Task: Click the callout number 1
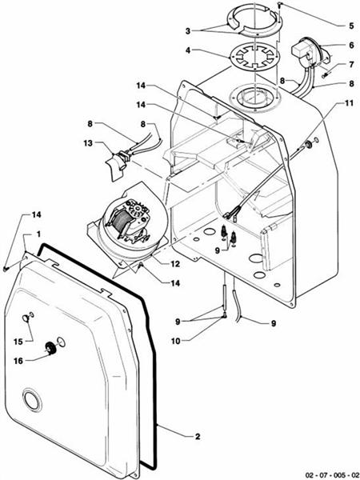[26, 235]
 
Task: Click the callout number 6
[328, 46]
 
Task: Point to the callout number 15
[18, 342]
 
